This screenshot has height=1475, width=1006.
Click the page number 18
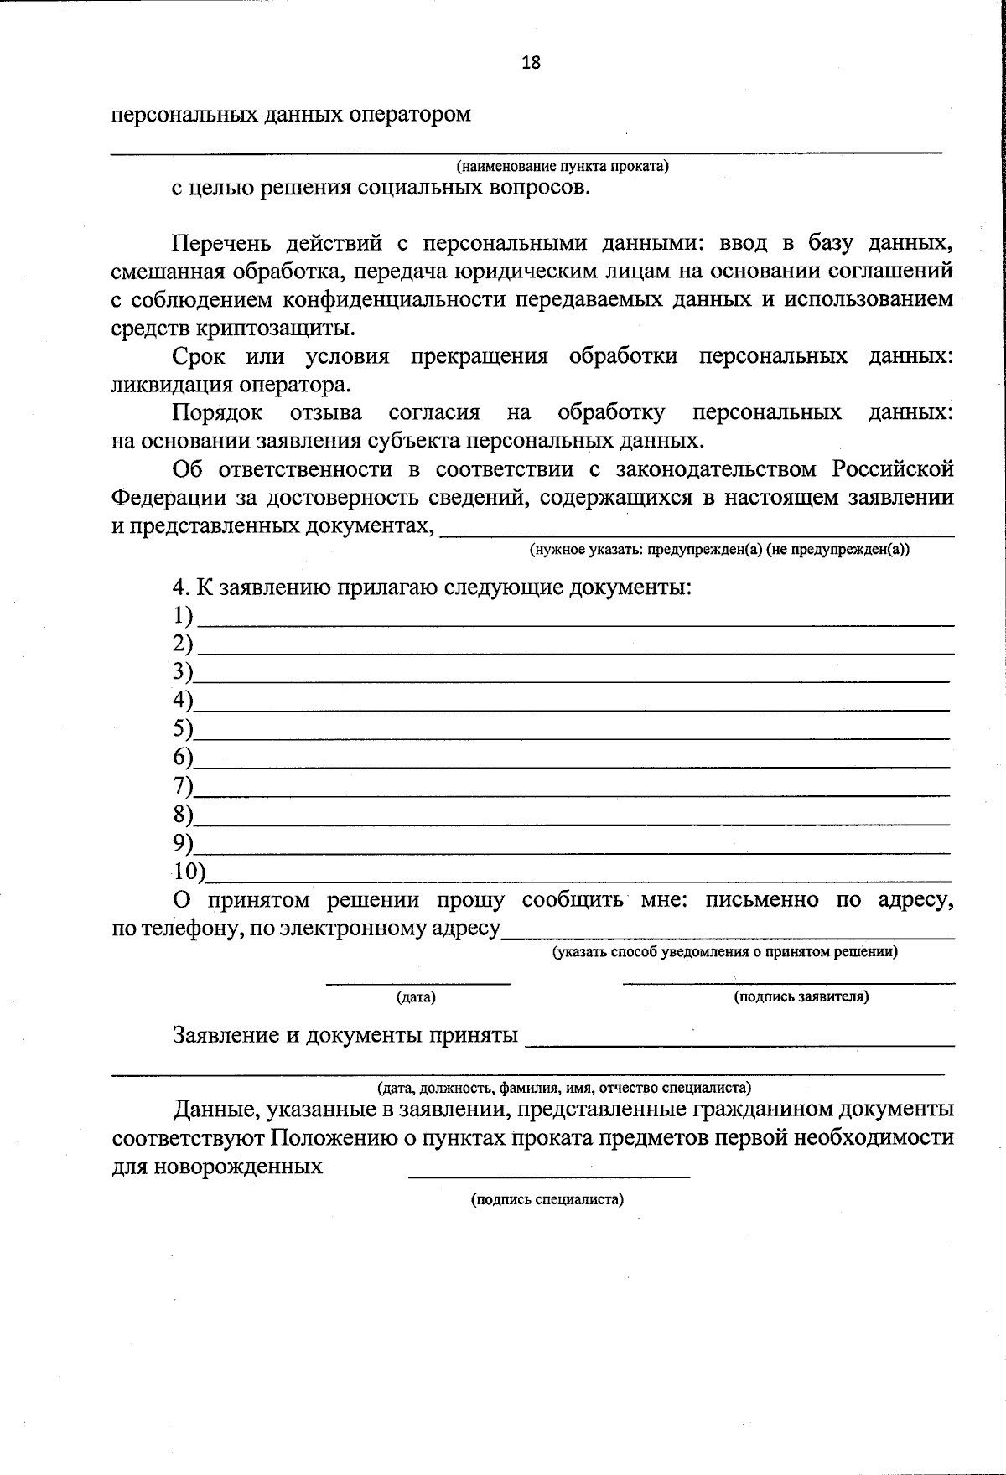pos(531,62)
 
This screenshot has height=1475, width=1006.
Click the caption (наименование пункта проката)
pos(562,166)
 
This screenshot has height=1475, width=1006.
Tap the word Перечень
pos(222,243)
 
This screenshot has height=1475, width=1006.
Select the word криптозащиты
pos(272,328)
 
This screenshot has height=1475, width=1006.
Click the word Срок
pos(199,356)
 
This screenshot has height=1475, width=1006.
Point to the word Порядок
pos(217,412)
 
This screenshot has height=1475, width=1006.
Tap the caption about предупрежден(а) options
pos(718,550)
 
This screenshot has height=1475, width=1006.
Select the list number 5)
pos(183,728)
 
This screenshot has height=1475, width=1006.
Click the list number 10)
pos(189,872)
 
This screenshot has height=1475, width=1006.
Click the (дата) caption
pos(416,997)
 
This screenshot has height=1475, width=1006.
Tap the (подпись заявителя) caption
pos(801,996)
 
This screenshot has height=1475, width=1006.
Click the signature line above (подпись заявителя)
pos(788,981)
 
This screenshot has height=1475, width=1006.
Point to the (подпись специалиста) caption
pos(547,1199)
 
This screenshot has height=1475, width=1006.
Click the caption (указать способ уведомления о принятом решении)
pos(724,952)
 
